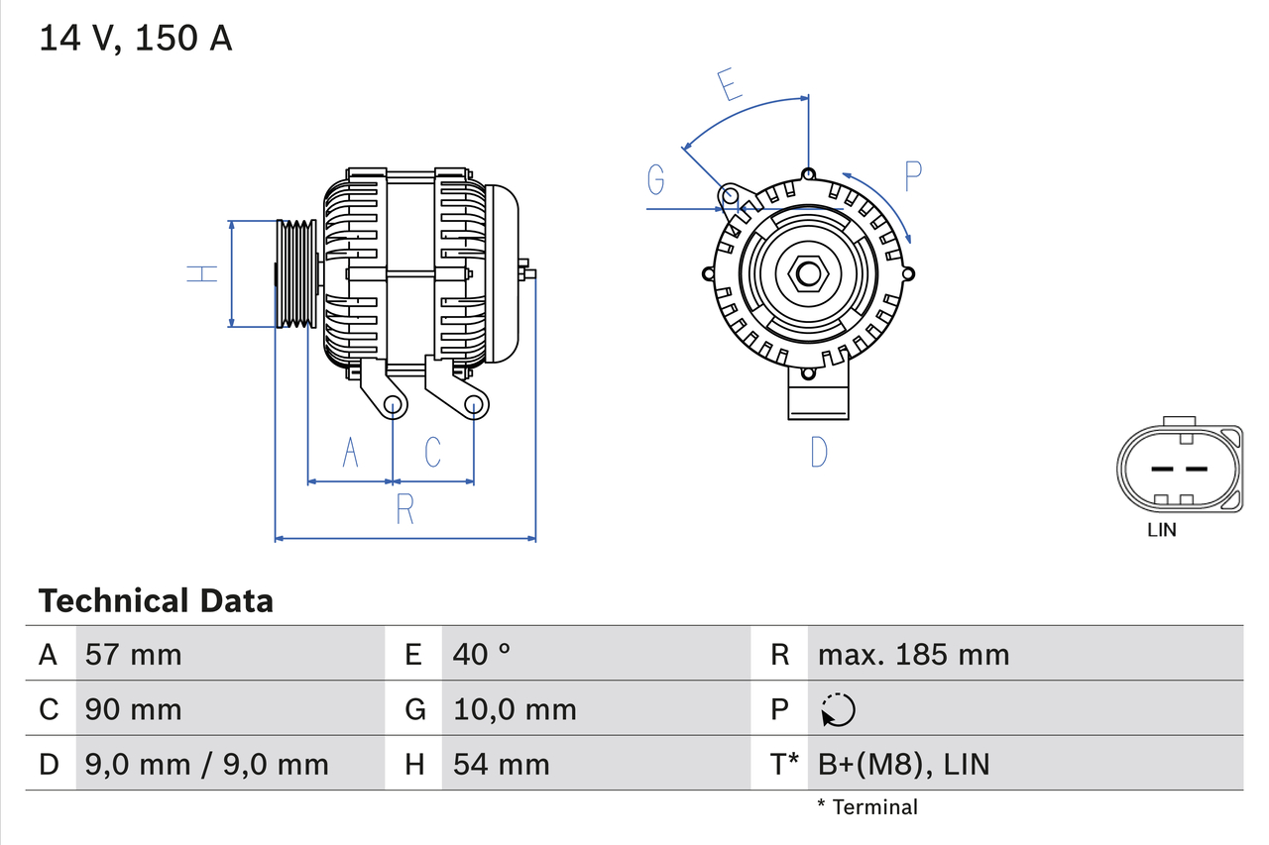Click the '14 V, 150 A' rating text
[136, 39]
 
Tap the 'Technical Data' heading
[156, 600]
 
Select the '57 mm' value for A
[134, 654]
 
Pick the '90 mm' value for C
[134, 709]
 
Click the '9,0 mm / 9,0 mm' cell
[207, 764]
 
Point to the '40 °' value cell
[482, 654]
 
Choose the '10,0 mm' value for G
[515, 709]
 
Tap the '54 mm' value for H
[501, 764]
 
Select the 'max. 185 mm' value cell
[913, 654]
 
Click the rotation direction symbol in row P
[838, 709]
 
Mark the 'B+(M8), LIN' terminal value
[903, 764]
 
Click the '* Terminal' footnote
[867, 807]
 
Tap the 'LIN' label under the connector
[1161, 530]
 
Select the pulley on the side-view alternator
[294, 273]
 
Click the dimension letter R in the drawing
[404, 509]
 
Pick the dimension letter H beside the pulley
[202, 273]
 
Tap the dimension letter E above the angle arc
[730, 86]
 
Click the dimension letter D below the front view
[818, 453]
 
